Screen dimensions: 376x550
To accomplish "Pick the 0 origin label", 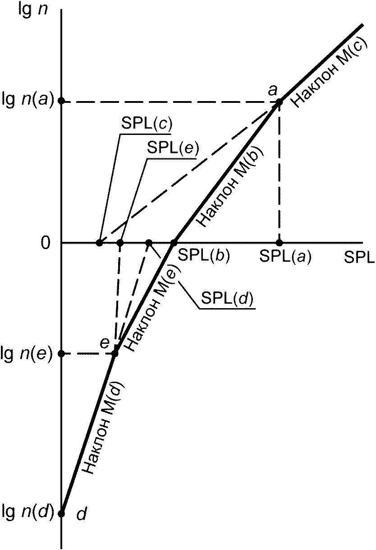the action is click(x=46, y=243).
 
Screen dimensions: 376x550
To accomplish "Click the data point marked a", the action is click(x=279, y=102).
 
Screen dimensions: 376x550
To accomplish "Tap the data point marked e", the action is click(x=115, y=353).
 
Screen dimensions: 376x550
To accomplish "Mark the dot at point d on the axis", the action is click(x=62, y=513).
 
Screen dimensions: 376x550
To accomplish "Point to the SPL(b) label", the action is click(x=204, y=255).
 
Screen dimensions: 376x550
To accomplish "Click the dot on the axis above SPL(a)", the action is click(x=279, y=243).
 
